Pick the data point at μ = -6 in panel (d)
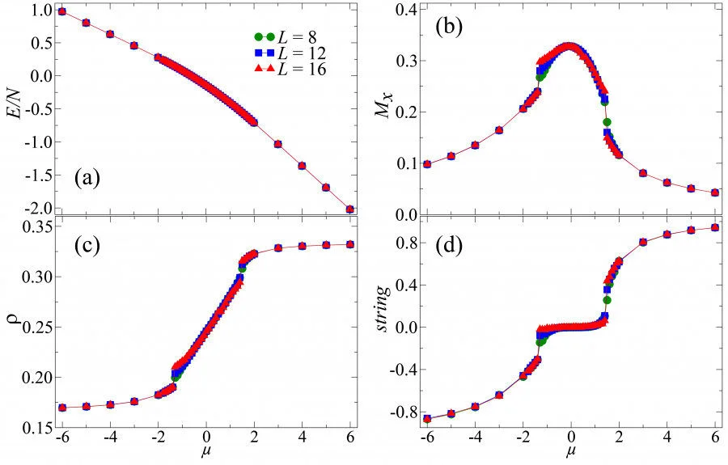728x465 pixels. pos(426,419)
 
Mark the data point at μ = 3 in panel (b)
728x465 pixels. pos(643,173)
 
